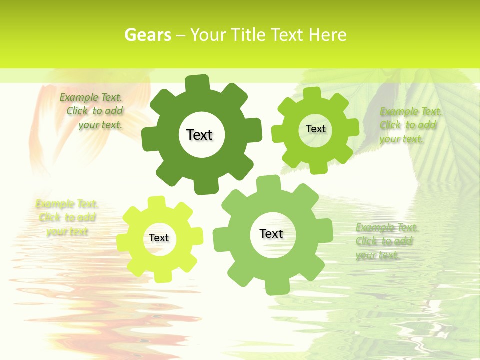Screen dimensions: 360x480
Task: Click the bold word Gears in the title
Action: (x=147, y=35)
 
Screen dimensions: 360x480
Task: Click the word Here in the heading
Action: (x=327, y=35)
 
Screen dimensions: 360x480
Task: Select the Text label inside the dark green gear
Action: (x=199, y=135)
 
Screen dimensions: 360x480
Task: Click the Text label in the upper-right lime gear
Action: (x=315, y=129)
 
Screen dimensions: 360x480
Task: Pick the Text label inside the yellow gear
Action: (x=159, y=238)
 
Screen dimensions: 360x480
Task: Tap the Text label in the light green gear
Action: (x=271, y=233)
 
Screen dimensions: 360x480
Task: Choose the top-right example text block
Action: (x=410, y=125)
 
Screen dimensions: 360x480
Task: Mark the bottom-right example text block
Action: (x=386, y=241)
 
